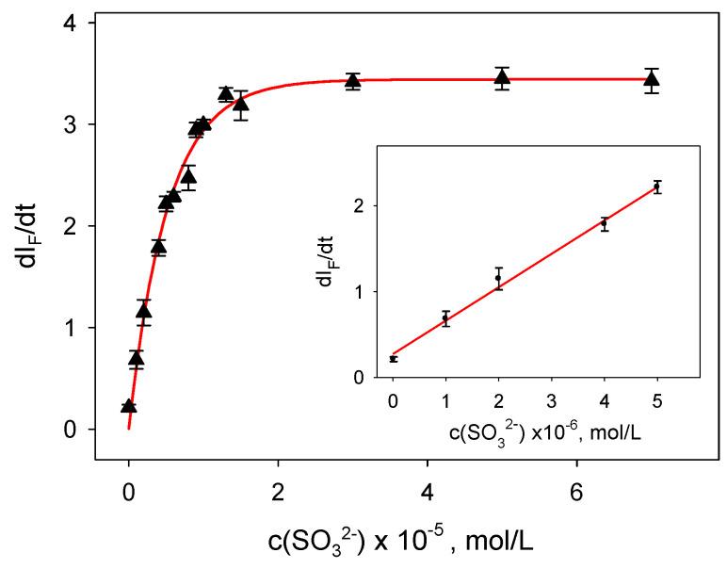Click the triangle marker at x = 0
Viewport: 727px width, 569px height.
point(129,406)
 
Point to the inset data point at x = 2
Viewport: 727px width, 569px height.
point(498,278)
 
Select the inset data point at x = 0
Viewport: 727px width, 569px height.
point(393,359)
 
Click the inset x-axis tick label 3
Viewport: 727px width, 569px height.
point(552,401)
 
